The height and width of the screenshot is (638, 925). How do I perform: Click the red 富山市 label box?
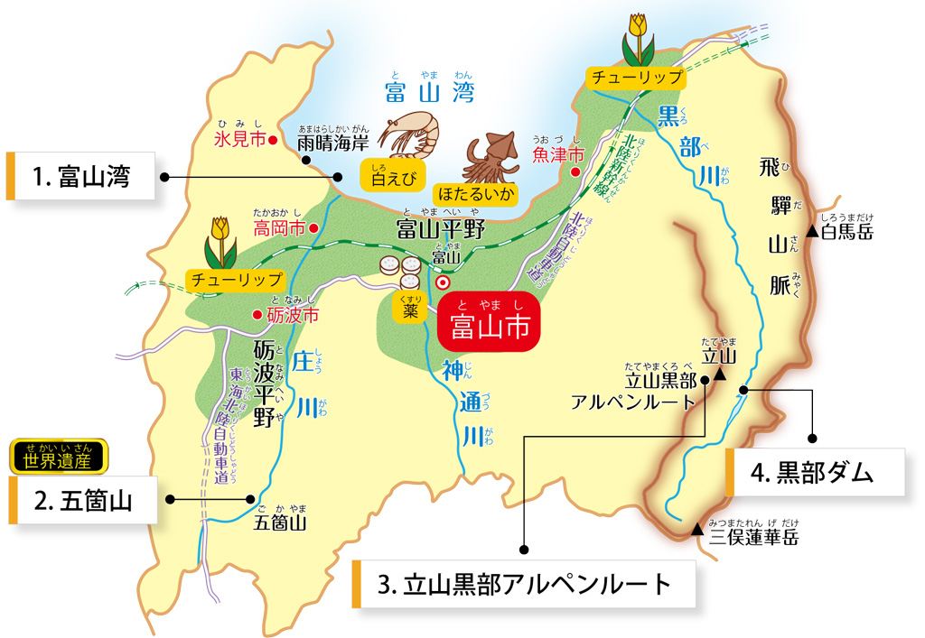(x=490, y=328)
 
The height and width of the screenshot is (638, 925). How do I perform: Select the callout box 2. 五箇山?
(x=84, y=501)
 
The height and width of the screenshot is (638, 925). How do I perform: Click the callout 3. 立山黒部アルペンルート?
(x=524, y=584)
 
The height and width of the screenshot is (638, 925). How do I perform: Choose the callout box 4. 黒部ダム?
(x=815, y=472)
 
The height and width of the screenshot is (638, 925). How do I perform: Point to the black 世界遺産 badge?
(x=59, y=458)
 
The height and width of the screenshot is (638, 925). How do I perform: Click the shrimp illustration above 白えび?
(x=411, y=134)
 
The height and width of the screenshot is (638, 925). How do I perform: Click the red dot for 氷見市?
(x=272, y=140)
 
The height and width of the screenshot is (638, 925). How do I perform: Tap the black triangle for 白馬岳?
(x=813, y=233)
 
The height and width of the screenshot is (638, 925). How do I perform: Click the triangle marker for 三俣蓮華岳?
(x=697, y=530)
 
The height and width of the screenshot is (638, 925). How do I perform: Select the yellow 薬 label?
(x=410, y=310)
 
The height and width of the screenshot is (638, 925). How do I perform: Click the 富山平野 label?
(x=442, y=230)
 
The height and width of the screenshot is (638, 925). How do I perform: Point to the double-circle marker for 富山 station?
(x=443, y=282)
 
